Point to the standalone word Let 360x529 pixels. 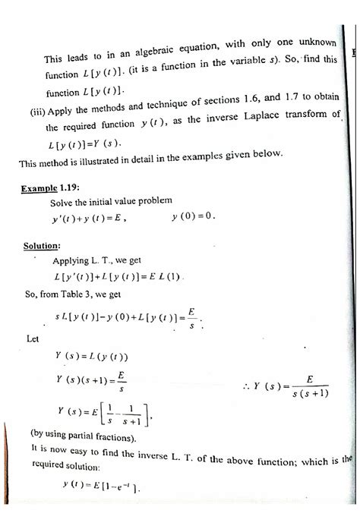[x=33, y=339]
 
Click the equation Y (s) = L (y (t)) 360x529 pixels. [x=92, y=357]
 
